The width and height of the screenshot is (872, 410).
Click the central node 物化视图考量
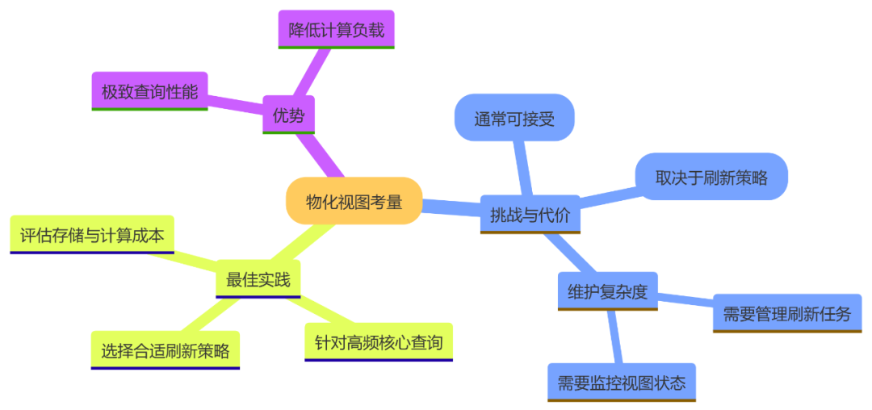click(354, 201)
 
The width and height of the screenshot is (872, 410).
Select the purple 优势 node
click(288, 116)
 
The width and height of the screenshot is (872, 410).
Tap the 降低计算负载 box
click(336, 30)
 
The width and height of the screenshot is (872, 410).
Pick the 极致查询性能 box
click(149, 91)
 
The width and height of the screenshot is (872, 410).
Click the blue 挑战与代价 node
click(530, 214)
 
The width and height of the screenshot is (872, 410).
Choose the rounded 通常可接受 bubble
click(514, 119)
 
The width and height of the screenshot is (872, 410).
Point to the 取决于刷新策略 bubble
click(711, 177)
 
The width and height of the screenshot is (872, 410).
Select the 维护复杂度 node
click(607, 291)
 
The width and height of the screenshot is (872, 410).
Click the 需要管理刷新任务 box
click(786, 313)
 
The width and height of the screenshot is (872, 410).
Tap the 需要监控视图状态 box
click(621, 383)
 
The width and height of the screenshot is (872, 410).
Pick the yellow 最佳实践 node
click(258, 279)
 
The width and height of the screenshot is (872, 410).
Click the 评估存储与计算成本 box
click(92, 235)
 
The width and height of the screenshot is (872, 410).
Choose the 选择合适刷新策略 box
click(166, 350)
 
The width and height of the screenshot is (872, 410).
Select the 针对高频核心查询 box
click(379, 342)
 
